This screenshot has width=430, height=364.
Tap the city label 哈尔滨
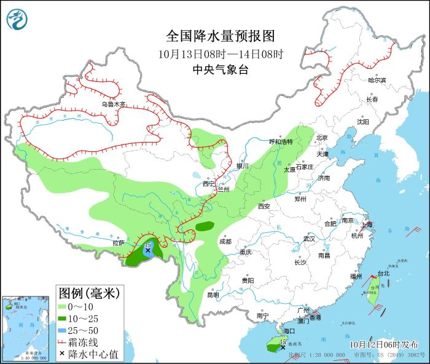[x=377, y=81]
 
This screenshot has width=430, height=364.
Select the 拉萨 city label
[x=119, y=243]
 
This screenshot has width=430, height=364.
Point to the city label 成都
[x=225, y=242]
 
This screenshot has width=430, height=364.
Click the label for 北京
[x=322, y=138]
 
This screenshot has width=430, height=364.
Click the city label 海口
[x=289, y=331]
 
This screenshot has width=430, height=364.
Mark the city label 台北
[x=383, y=273]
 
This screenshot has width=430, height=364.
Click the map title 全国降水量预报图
[x=220, y=35]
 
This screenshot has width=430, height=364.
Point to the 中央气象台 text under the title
[x=220, y=69]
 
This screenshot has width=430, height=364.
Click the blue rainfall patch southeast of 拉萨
[x=147, y=250]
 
